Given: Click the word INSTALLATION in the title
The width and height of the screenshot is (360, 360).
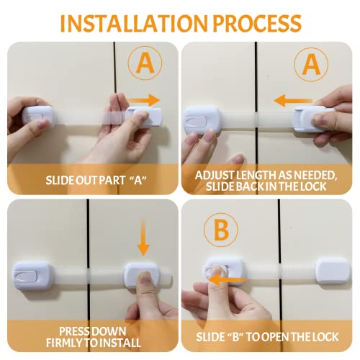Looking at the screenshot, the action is [133, 23].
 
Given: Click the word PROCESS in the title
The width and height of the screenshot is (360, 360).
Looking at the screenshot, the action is [257, 23].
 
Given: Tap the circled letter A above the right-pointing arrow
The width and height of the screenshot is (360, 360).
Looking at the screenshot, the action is [145, 63].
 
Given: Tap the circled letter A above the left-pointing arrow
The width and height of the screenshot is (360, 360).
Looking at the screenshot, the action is [311, 64].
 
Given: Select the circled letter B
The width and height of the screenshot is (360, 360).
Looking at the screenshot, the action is [221, 230].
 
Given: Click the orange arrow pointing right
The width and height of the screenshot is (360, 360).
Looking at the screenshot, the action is [143, 100].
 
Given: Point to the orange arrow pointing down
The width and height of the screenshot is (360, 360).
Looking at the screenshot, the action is [143, 238].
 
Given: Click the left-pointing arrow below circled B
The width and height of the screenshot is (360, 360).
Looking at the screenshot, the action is [227, 280].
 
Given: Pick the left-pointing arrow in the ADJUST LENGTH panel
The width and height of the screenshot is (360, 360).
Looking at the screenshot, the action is [293, 100].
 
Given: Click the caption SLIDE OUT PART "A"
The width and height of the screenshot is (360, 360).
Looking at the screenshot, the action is [96, 180].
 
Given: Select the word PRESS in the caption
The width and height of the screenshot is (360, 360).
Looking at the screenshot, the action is [74, 331].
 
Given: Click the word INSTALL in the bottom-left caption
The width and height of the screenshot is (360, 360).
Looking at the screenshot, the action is [120, 343].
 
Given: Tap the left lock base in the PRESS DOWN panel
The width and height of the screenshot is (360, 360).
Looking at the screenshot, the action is [32, 276].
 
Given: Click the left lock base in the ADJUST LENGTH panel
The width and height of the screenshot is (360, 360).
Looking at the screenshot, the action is [202, 120].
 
